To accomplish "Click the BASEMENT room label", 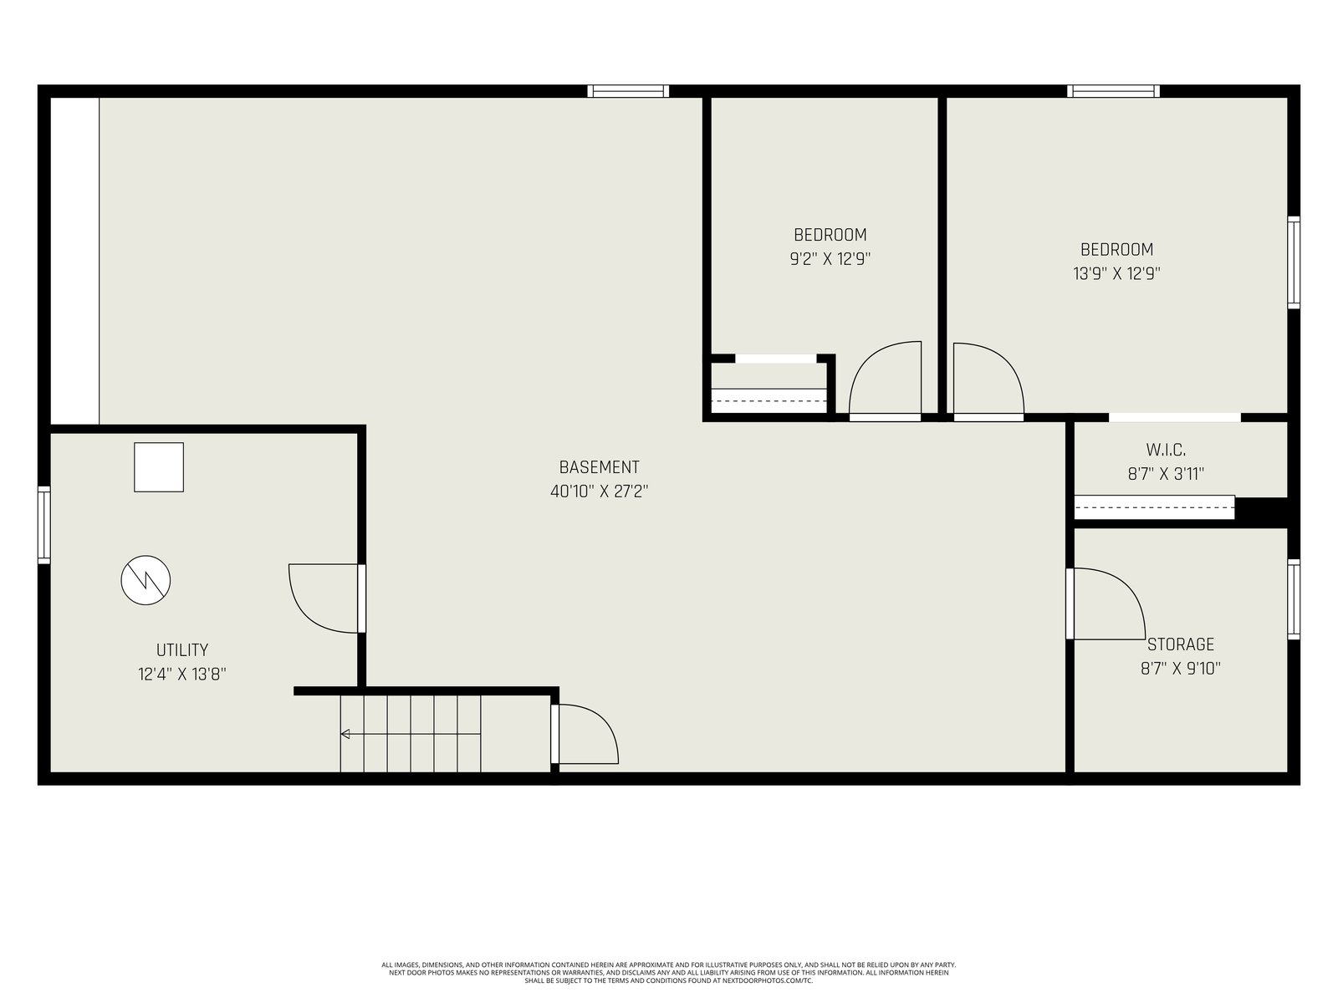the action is (600, 467).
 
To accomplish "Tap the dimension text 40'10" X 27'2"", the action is (600, 491).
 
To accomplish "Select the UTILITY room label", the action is (182, 649).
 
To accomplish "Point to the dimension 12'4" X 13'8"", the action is (182, 675).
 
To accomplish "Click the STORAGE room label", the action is (1181, 644).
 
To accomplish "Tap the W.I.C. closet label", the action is (1166, 450).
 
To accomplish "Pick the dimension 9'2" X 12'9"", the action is (830, 259).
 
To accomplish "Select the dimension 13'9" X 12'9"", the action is (1116, 273).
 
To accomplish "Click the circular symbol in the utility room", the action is (146, 580).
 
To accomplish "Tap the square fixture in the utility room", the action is (159, 467).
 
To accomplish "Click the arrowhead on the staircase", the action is (345, 734).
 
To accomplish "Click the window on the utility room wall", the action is (43, 525).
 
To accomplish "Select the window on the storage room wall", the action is (1294, 599).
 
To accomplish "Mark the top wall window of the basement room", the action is (629, 91).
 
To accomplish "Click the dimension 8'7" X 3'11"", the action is (1166, 474).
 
